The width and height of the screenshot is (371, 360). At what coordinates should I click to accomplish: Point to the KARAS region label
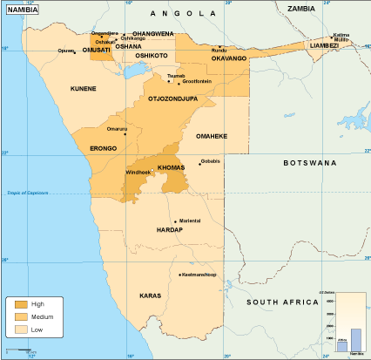(150, 296)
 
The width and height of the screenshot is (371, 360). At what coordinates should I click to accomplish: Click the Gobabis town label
(212, 161)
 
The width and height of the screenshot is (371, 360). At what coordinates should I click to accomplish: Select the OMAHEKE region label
(212, 137)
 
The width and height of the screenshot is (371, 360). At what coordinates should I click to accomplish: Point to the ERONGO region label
(103, 149)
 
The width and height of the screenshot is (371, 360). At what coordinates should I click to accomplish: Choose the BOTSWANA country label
(309, 163)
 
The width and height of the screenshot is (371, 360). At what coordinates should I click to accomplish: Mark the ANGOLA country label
(182, 14)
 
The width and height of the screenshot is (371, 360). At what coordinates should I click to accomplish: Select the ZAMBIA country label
(300, 8)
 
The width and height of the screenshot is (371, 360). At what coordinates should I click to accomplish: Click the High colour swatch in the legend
(21, 303)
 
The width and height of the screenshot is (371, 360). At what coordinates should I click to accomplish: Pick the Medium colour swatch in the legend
(21, 316)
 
